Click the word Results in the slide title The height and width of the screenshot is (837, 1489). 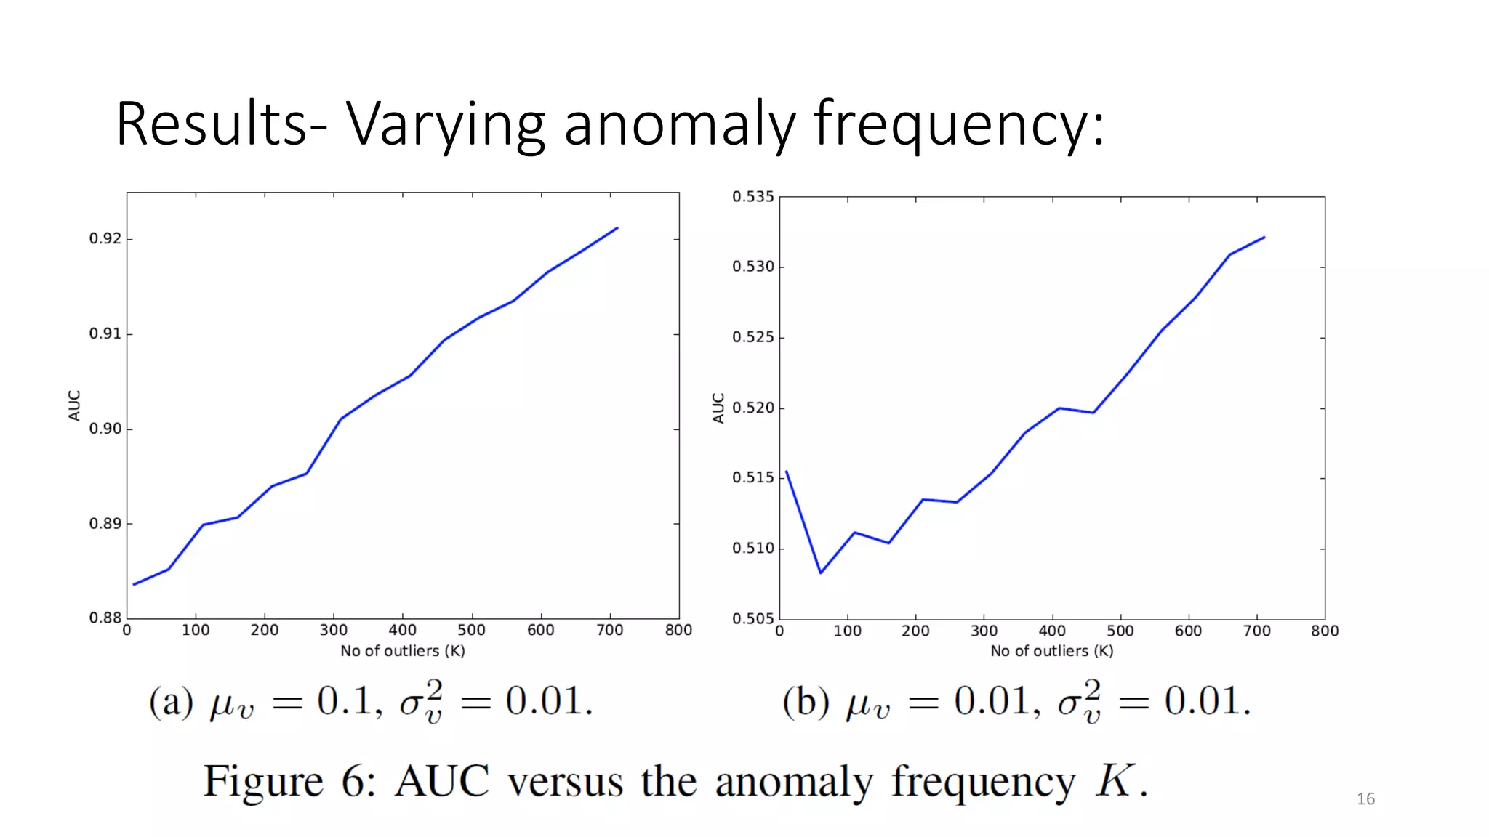pos(211,124)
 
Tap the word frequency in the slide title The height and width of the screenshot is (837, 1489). pos(958,124)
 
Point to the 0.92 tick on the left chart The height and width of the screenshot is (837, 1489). pos(105,239)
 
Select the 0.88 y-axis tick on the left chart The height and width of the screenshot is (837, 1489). pos(105,618)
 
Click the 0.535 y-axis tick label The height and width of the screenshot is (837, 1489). pos(752,197)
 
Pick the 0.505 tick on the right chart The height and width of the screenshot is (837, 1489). pos(752,619)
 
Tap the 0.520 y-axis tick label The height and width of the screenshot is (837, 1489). pos(752,408)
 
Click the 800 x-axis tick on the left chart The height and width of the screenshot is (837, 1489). pos(678,631)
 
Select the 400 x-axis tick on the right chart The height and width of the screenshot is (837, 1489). pos(1052,631)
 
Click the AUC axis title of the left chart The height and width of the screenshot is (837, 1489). pos(74,405)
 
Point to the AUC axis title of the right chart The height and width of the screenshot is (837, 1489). pos(718,408)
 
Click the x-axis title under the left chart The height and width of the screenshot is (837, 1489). pos(403,651)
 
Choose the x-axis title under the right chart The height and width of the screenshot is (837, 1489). pos(1051,651)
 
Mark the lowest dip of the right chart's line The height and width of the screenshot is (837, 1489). pos(821,573)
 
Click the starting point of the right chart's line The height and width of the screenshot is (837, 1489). pos(787,472)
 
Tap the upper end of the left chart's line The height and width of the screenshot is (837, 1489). pos(617,227)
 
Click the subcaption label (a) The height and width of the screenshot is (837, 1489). pos(171,702)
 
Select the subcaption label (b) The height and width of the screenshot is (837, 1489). pos(806,702)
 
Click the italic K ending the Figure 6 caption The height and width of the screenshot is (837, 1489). pos(1116,781)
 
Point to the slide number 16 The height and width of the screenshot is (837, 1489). pos(1365,799)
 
